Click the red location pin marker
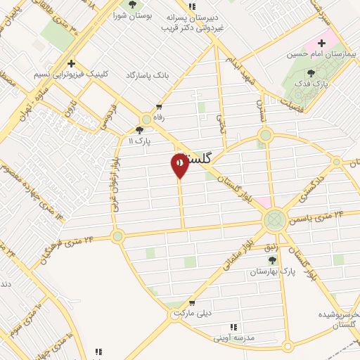(179, 165)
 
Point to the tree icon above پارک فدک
(311, 72)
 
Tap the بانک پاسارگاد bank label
(149, 74)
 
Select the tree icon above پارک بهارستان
(272, 260)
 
